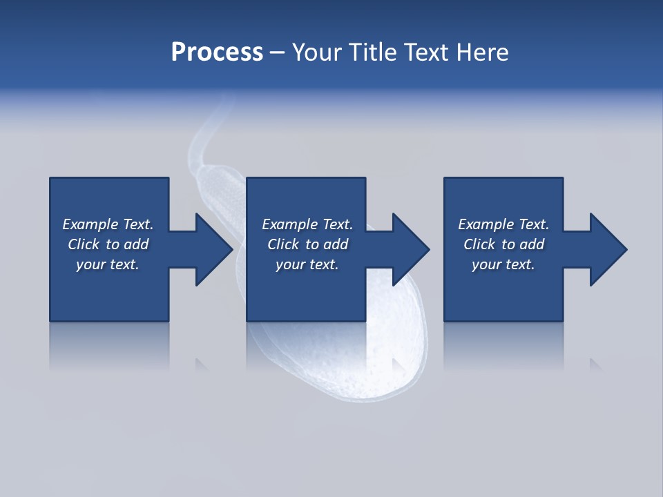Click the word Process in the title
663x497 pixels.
pos(217,52)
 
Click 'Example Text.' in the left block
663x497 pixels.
pos(108,224)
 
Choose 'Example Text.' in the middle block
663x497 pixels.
pos(307,224)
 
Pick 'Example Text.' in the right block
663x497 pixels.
pos(503,224)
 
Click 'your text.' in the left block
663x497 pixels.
pos(108,264)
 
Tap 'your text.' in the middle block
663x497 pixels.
pos(307,264)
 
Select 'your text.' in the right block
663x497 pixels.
pos(503,264)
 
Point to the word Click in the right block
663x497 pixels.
pos(479,244)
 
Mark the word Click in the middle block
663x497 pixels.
pos(283,244)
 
